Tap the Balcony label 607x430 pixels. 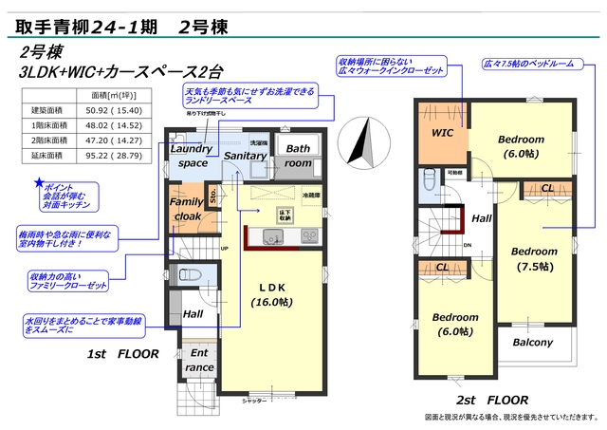click(533, 343)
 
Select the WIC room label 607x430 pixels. click(443, 134)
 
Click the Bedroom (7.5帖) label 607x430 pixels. click(533, 258)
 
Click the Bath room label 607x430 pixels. click(299, 156)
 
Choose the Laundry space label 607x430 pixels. click(193, 157)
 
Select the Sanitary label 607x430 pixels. click(246, 155)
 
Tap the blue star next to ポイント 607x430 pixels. click(39, 181)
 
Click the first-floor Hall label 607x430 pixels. click(193, 314)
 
